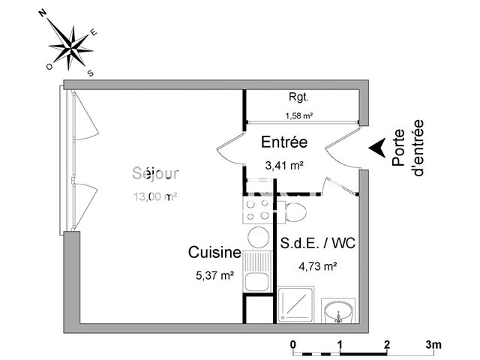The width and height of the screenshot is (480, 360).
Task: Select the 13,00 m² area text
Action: click(x=155, y=197)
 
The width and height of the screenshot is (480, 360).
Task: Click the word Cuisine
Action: click(x=214, y=253)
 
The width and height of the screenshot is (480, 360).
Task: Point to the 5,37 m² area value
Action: click(x=214, y=274)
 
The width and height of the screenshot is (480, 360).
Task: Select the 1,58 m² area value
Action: click(x=299, y=115)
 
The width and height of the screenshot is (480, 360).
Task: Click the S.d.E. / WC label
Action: click(x=318, y=244)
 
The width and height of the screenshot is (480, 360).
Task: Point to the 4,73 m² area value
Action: click(x=318, y=265)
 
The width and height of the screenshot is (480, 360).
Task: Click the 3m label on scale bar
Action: click(x=433, y=344)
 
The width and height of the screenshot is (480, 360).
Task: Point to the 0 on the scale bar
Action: click(x=294, y=344)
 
